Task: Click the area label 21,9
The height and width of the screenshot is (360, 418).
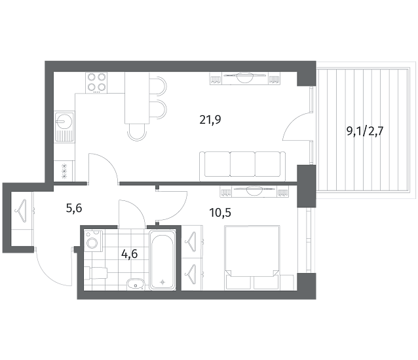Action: click(210, 120)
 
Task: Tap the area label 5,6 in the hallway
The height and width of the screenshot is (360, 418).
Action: click(74, 208)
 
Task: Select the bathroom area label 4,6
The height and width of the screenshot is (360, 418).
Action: click(130, 254)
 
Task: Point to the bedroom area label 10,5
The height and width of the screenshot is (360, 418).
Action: click(220, 213)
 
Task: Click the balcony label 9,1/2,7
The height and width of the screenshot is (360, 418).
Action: click(365, 132)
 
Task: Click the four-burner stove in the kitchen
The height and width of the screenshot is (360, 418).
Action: click(96, 82)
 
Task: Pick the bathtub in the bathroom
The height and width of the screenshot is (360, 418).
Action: click(162, 260)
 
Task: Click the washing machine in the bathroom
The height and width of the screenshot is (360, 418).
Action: click(93, 242)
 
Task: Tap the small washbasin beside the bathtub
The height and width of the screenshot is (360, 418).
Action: click(135, 284)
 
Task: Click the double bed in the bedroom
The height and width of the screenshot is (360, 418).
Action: click(252, 257)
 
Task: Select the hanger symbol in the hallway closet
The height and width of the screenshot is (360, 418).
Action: click(22, 210)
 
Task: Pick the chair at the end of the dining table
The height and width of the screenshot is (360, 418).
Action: click(138, 132)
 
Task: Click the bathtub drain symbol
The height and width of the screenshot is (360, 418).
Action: click(162, 282)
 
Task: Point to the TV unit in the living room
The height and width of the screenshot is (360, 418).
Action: click(245, 79)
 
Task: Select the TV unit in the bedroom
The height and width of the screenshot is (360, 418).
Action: click(255, 191)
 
